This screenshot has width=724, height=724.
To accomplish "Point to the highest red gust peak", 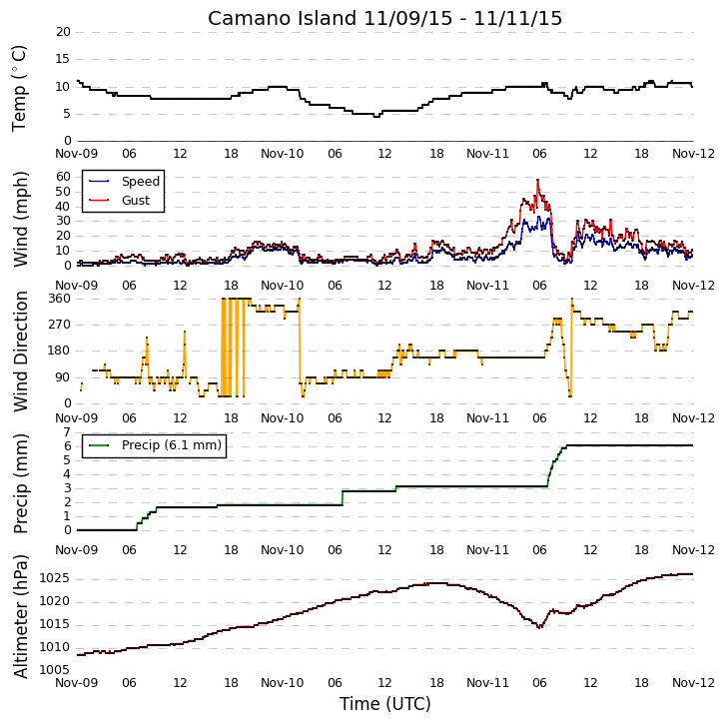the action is point(538,180).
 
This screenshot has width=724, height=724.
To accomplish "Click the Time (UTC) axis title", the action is point(384,704).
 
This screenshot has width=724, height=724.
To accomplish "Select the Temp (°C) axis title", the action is point(19,88).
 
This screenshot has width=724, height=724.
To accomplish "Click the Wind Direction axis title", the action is point(20,352).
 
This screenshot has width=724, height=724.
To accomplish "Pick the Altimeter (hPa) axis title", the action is point(20,617).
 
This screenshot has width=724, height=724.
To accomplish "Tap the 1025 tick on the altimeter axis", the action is point(55,578).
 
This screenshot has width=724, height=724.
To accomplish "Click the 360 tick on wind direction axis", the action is point(60,299).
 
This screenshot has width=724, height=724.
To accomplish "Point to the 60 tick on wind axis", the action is point(63,177).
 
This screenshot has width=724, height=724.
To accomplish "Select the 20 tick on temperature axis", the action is point(63,32).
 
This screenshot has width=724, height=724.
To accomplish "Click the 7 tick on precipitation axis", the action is point(68,432).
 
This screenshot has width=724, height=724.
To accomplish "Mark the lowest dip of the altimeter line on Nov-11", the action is point(539,627).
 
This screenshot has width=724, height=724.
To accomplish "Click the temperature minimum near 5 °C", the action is point(376,117).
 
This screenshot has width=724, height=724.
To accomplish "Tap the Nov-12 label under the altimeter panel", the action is point(693,682).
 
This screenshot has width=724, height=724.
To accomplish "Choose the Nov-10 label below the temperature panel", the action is point(283,154).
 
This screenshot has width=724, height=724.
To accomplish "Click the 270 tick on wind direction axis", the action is point(60,325).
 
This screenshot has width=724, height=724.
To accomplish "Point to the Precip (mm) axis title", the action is point(20,484).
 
